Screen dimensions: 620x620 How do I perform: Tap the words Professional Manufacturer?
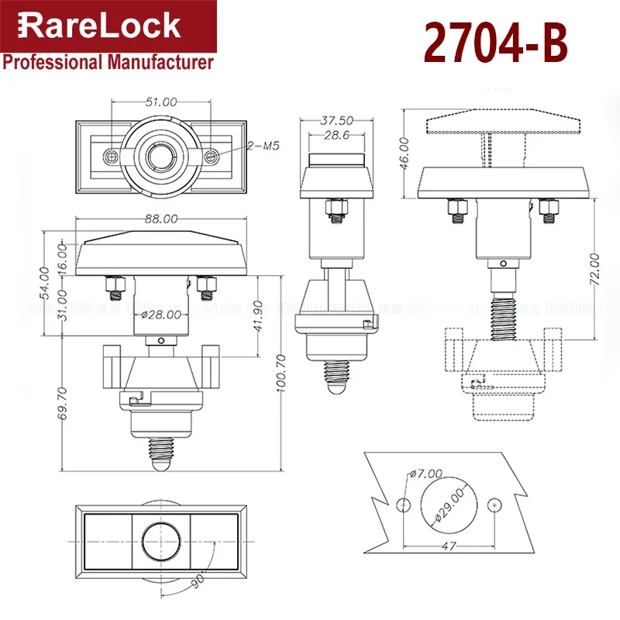point(108,63)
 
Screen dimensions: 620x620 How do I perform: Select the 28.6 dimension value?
point(336,136)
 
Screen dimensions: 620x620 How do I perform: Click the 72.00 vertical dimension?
point(595,267)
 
